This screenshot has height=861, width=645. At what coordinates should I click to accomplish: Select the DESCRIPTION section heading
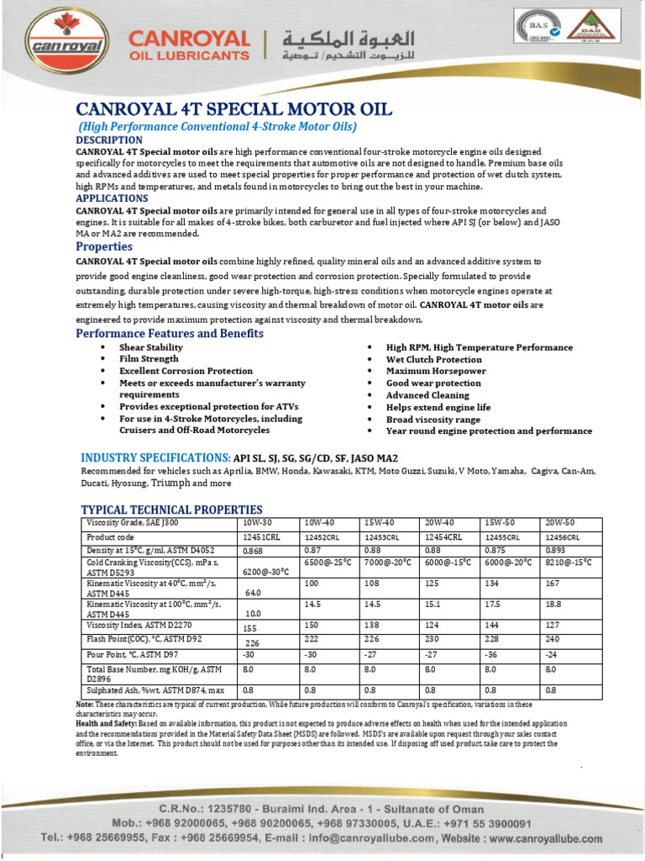(109, 139)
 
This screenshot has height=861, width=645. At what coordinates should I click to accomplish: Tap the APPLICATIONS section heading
(112, 198)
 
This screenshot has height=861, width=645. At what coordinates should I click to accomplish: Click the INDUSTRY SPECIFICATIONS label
(155, 457)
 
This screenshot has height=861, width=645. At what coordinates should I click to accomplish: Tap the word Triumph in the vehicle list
(170, 483)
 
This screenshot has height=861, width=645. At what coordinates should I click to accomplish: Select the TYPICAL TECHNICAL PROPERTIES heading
(171, 510)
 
